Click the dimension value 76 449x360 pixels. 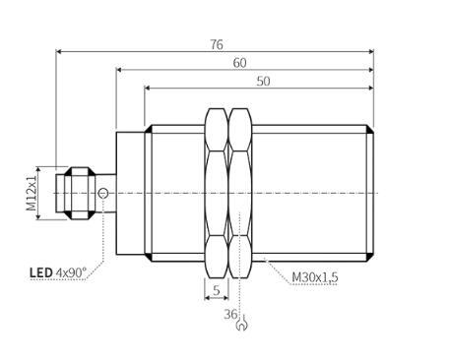[x=217, y=44]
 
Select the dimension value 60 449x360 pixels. [x=239, y=63]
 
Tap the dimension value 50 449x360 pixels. [x=263, y=82]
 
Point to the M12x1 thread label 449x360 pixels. [x=32, y=193]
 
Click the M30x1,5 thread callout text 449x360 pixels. [x=315, y=277]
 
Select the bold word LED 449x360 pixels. [x=41, y=272]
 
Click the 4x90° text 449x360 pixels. [x=71, y=272]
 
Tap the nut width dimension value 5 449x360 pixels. [x=217, y=290]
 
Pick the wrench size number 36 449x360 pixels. [x=230, y=315]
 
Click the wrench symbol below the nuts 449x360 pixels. [x=242, y=323]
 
